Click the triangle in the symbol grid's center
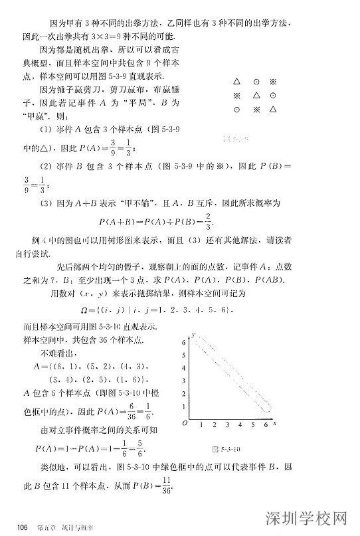point(255,96)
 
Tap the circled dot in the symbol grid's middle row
point(273,96)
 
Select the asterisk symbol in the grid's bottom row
point(255,109)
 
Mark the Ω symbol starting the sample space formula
point(84,310)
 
